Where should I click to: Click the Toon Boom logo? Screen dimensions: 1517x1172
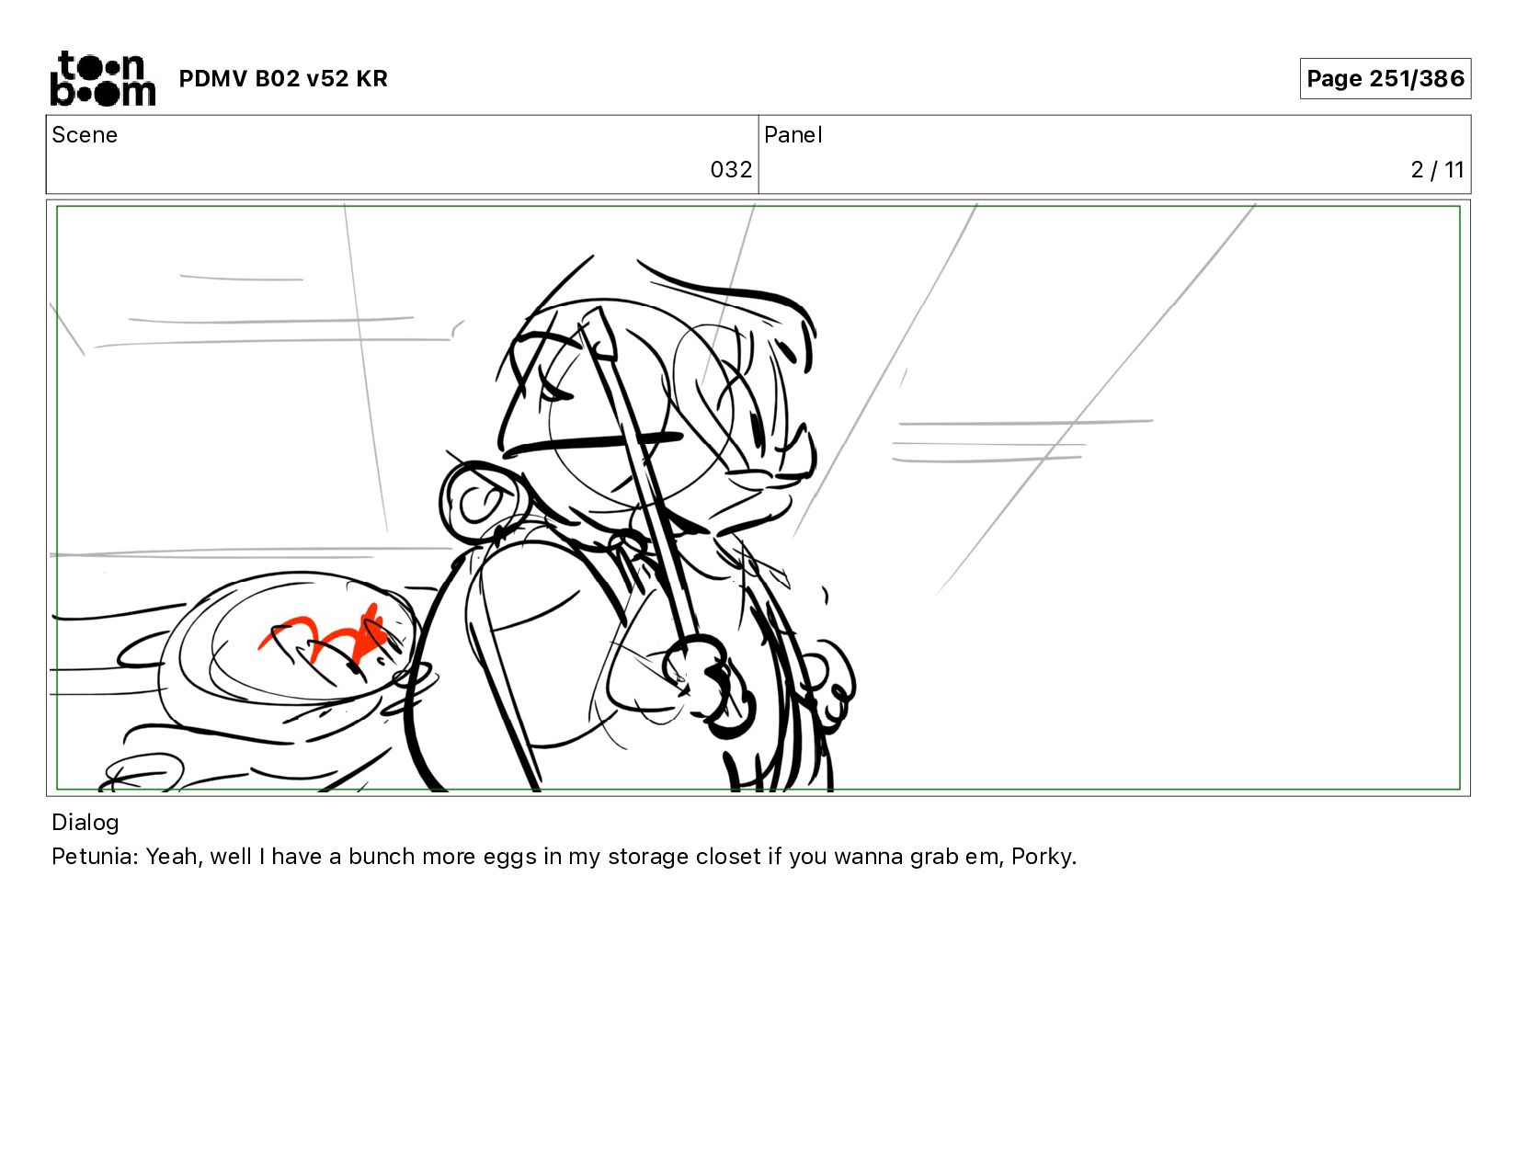tap(103, 78)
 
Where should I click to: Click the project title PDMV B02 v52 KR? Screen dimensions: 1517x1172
tap(283, 78)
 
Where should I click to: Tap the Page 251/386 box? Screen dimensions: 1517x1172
tap(1385, 78)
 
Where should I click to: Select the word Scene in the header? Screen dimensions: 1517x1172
tap(85, 135)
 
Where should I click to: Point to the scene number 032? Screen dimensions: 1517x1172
tap(731, 170)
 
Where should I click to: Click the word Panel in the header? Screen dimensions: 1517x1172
tap(793, 135)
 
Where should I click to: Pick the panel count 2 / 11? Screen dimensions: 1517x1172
tap(1437, 170)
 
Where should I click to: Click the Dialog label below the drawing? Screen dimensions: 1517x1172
tap(86, 823)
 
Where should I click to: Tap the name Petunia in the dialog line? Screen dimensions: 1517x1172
tap(95, 856)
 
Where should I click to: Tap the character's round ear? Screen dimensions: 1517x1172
tap(476, 501)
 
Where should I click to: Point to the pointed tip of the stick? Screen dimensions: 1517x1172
tap(599, 308)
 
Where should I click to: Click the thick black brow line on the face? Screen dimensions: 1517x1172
tap(593, 443)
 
